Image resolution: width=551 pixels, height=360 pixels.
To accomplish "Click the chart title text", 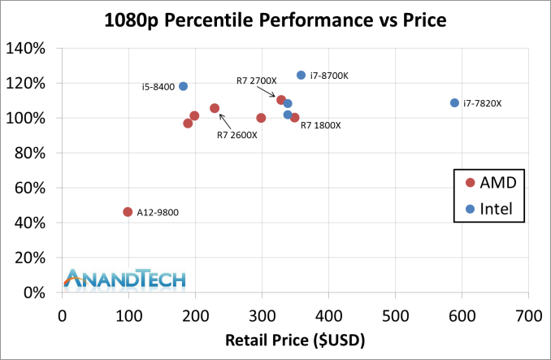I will pyautogui.click(x=275, y=20).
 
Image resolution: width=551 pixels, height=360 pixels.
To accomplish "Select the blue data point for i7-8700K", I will pyautogui.click(x=301, y=75).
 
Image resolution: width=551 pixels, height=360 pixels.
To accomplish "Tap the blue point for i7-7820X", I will pyautogui.click(x=454, y=103).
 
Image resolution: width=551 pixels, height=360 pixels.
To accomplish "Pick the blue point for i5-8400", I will pyautogui.click(x=183, y=86).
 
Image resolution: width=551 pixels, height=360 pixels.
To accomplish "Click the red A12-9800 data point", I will pyautogui.click(x=128, y=212).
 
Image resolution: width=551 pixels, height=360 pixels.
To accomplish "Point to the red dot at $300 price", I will pyautogui.click(x=261, y=118).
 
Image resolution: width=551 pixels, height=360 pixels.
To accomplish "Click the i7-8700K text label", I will pyautogui.click(x=329, y=76).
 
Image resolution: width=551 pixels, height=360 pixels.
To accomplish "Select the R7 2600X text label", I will pyautogui.click(x=236, y=135).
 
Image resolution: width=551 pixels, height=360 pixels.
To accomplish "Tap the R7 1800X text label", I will pyautogui.click(x=320, y=125).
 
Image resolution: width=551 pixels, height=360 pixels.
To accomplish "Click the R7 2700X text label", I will pyautogui.click(x=256, y=80).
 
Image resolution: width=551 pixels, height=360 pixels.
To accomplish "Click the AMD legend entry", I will pyautogui.click(x=492, y=181).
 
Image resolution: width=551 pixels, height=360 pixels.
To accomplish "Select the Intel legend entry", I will pyautogui.click(x=492, y=210).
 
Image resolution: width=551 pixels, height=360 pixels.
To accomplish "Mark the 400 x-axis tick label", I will pyautogui.click(x=328, y=314).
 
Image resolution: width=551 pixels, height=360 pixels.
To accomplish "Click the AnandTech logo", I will pyautogui.click(x=126, y=278).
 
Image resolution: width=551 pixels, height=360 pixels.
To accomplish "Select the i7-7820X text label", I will pyautogui.click(x=482, y=103).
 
